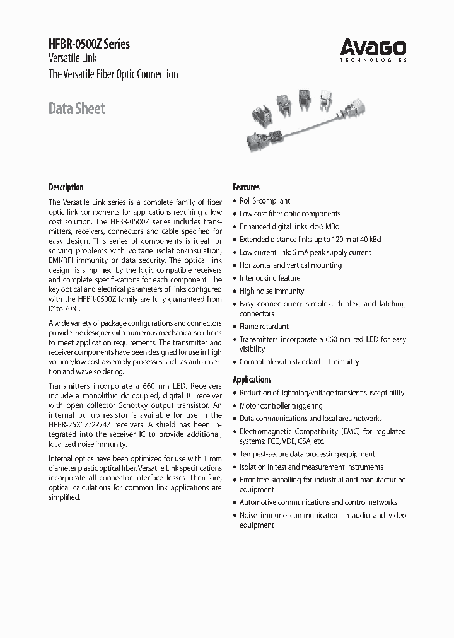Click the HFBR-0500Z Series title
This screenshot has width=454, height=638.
89,44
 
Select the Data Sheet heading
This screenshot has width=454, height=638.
77,108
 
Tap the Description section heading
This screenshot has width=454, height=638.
66,187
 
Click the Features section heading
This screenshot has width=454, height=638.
246,187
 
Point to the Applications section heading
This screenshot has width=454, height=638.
252,380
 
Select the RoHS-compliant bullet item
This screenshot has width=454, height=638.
264,200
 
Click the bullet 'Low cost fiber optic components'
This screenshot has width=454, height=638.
289,214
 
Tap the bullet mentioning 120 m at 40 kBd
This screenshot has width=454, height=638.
310,240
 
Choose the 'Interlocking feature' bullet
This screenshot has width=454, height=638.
269,278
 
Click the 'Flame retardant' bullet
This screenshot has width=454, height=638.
264,327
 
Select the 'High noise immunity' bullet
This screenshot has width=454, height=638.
271,291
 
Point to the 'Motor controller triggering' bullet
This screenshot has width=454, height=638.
281,406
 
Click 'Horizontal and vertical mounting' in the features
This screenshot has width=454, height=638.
290,265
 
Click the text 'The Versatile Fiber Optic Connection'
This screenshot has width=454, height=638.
113,74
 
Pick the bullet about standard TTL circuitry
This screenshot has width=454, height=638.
299,362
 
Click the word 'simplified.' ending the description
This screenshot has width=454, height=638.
65,497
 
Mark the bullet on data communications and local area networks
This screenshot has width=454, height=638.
310,419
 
